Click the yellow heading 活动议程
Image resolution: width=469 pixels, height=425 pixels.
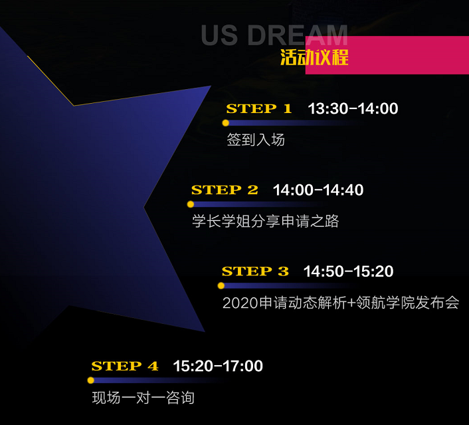[314, 57]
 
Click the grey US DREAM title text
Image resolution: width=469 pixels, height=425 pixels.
[274, 35]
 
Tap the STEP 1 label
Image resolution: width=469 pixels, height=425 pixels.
[259, 108]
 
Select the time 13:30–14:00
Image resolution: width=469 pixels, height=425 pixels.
[353, 108]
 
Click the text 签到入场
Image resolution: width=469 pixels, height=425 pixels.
[256, 140]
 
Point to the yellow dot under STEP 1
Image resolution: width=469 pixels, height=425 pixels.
[225, 123]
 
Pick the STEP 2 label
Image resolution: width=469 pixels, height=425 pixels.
[225, 190]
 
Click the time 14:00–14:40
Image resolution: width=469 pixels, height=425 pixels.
[318, 190]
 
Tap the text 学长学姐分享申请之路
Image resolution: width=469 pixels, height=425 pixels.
[266, 221]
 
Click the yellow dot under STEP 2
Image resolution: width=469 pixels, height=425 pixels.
[191, 204]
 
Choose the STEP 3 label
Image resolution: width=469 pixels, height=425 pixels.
[255, 271]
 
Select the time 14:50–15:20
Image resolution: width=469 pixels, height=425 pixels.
[349, 271]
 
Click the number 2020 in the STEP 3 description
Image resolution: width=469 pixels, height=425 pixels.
[240, 303]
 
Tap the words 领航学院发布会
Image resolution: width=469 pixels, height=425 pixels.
[408, 303]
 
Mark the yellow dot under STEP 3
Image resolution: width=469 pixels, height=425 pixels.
[221, 286]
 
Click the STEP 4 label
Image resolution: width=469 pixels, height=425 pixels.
[125, 366]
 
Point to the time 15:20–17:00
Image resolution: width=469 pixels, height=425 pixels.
[218, 366]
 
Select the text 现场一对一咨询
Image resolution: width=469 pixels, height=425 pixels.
[143, 398]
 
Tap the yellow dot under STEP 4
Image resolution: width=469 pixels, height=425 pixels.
[90, 380]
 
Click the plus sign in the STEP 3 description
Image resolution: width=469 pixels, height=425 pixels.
[351, 303]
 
